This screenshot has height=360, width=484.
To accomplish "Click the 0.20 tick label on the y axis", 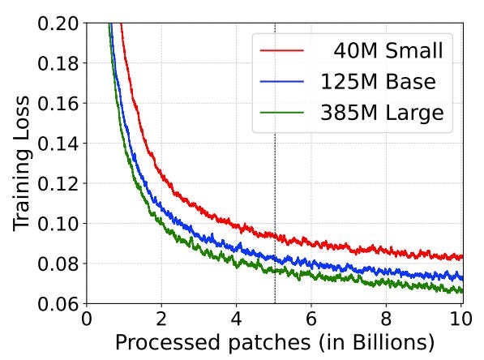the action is (58, 24).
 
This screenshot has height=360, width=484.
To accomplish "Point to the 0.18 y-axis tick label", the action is (58, 63).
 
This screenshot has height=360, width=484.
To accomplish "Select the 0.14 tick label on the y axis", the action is (58, 144).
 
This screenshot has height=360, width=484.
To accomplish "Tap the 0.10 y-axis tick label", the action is (58, 224).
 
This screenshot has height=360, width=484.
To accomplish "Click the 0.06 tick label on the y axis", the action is (58, 304).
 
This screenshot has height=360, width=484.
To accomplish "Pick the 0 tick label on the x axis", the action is (87, 319).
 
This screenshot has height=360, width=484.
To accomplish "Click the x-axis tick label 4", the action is (236, 319).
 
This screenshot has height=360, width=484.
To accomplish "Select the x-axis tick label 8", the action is (386, 319).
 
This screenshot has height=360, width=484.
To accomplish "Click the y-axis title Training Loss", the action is (21, 163).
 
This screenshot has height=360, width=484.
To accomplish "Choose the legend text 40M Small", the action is (388, 50).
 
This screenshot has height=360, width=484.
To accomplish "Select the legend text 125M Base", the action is (378, 82).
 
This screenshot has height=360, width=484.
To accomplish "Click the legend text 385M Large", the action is (382, 114).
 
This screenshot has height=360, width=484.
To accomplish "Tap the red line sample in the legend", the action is (282, 50).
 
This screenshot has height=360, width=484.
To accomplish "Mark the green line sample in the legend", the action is (282, 113).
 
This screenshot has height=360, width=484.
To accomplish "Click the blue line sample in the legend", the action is (282, 81).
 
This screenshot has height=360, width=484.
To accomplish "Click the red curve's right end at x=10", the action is (463, 257).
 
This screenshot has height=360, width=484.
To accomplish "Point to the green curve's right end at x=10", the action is (463, 291).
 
